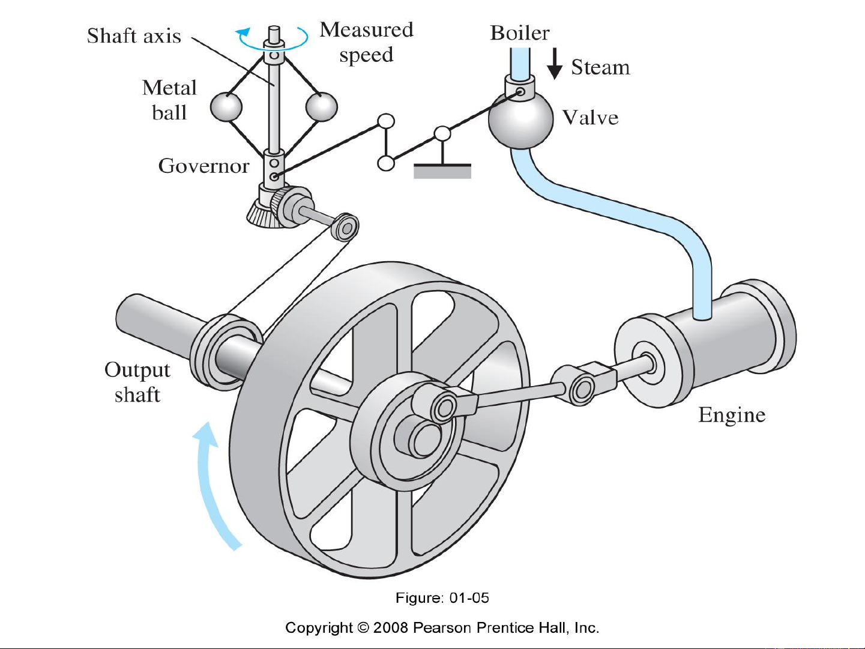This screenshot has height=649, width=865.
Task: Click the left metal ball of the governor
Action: point(226,107)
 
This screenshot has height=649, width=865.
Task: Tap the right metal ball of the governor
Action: point(322,107)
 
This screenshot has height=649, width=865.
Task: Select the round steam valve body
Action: point(520,120)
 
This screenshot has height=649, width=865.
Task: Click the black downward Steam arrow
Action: point(555,64)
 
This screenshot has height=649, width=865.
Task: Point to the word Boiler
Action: point(519,33)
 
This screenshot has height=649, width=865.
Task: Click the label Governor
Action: point(203,166)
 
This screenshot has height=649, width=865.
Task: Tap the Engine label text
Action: point(732,415)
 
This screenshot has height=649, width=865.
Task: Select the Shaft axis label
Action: point(134,36)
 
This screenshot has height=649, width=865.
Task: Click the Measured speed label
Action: point(366,42)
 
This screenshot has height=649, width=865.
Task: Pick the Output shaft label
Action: point(137,382)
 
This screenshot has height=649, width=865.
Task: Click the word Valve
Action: point(590,118)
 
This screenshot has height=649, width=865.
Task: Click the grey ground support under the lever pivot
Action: point(442,171)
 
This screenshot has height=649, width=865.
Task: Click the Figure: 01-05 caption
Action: point(442,598)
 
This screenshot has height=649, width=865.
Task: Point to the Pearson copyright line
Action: point(442,628)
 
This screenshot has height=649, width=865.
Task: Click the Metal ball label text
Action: point(169,100)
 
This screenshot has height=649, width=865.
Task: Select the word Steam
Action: point(600,67)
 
